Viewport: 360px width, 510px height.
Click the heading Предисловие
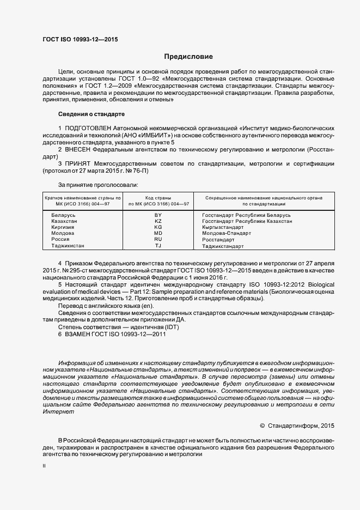click(x=189, y=57)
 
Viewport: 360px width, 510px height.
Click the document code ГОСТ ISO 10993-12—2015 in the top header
click(x=80, y=39)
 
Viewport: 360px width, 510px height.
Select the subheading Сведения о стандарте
click(x=91, y=114)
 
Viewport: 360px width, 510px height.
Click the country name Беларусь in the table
click(x=63, y=216)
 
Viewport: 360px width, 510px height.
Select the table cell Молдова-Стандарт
click(x=227, y=234)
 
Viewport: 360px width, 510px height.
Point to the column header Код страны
click(x=158, y=198)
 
